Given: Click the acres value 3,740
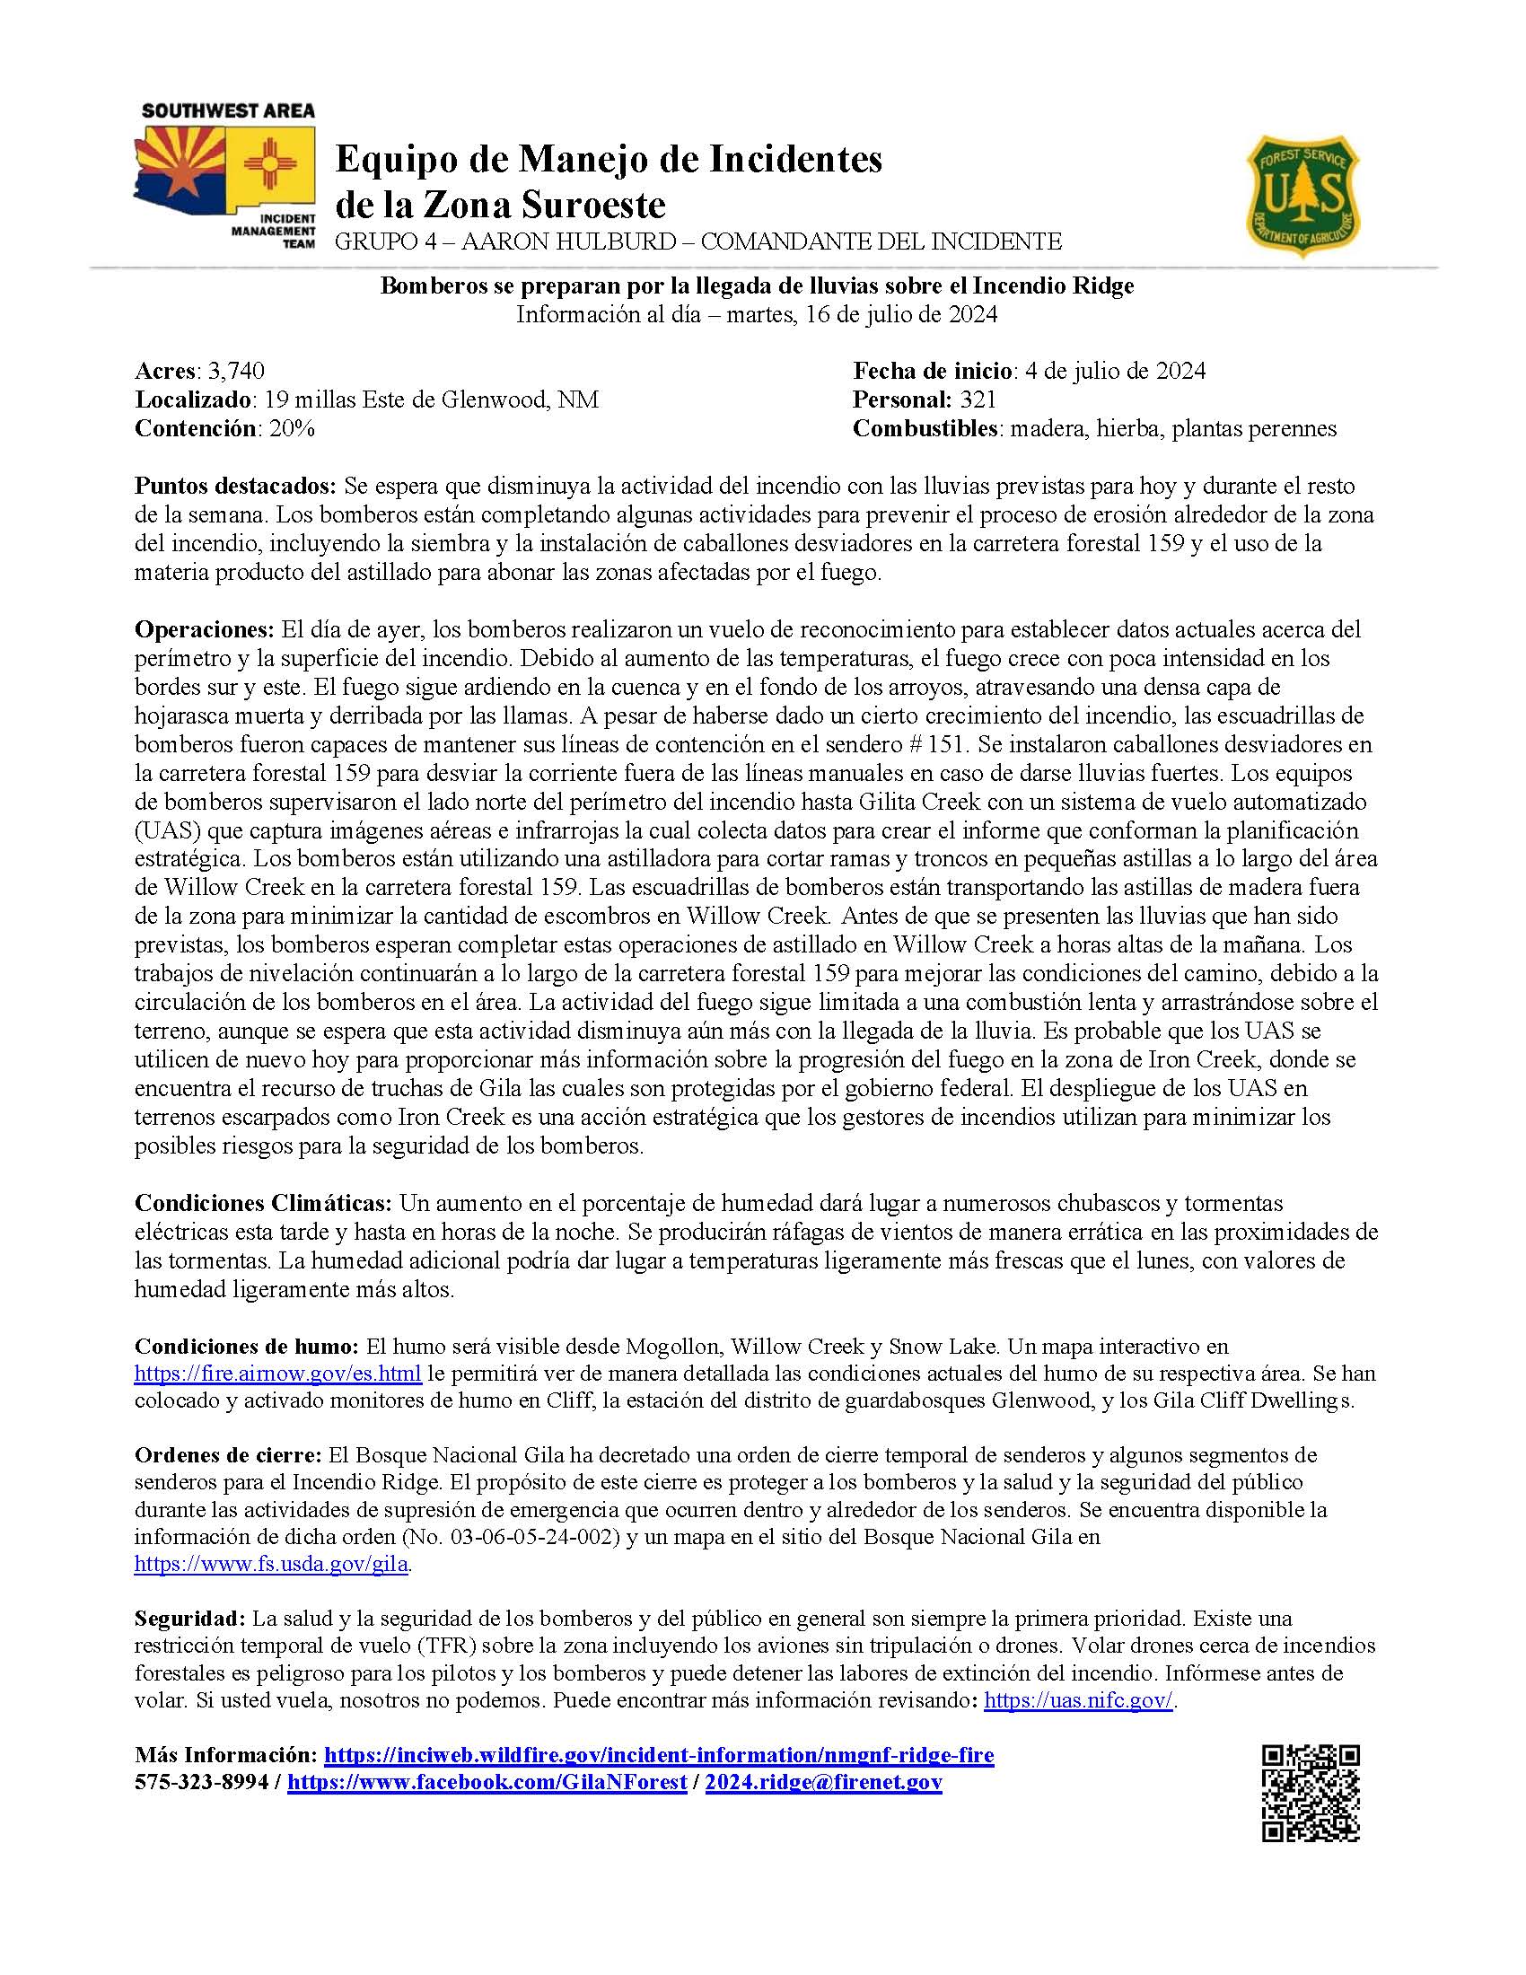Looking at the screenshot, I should [236, 371].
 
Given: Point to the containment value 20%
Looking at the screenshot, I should [292, 428].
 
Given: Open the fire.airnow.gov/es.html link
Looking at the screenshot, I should [277, 1373].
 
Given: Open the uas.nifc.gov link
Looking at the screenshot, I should [1077, 1700].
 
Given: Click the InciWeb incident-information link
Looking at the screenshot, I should [658, 1755].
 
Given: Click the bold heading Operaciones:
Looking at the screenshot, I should [205, 628].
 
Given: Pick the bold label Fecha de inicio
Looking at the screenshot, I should [932, 371].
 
